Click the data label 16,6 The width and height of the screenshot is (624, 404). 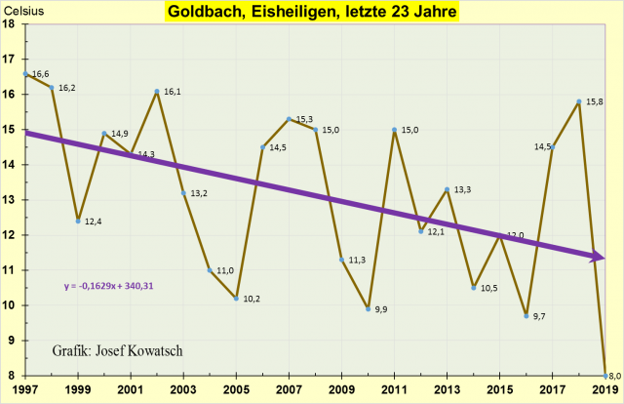point(41,73)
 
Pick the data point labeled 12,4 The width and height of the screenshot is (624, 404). point(77,221)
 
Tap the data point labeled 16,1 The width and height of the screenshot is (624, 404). point(157,92)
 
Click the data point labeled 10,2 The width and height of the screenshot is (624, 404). point(237,299)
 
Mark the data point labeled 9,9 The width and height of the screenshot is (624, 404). point(369,308)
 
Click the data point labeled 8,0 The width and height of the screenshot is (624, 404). point(606,376)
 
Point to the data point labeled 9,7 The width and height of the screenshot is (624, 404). point(526,316)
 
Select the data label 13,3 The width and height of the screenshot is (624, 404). point(463,189)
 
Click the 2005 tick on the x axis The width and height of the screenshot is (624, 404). point(237,390)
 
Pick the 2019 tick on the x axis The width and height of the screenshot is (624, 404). point(605,390)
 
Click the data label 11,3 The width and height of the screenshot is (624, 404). point(357,260)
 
